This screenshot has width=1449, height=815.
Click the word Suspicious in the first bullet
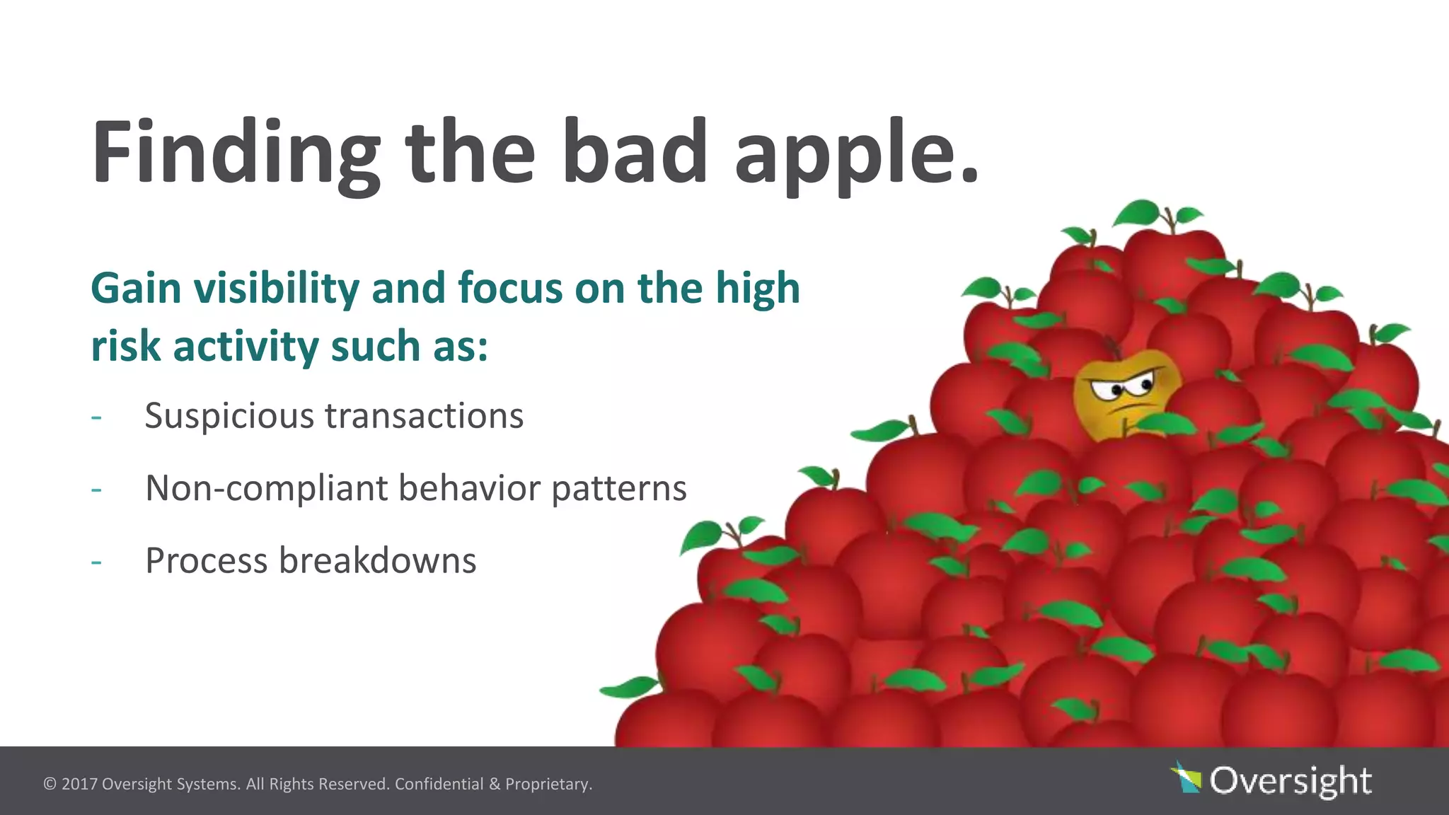click(229, 416)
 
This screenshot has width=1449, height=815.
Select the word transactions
click(424, 416)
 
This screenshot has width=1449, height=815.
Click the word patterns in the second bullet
click(619, 489)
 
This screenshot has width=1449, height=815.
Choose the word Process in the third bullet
click(206, 561)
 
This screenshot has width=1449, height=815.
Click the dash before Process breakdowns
click(96, 562)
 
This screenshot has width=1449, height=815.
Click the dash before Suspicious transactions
click(96, 417)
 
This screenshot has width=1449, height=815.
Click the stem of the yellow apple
click(1113, 347)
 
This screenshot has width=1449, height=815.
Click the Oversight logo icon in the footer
click(1187, 778)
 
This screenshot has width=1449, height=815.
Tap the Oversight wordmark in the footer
click(1291, 780)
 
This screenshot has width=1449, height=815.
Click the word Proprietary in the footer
click(548, 785)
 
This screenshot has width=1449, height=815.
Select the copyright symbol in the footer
click(50, 785)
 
